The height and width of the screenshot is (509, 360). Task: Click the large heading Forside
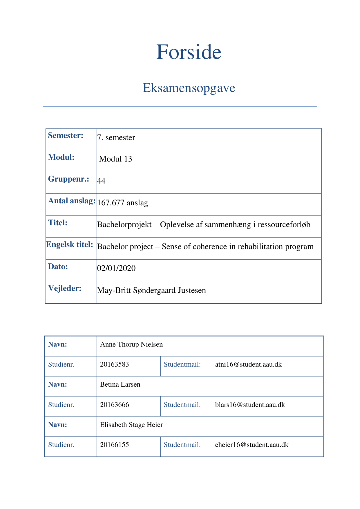(189, 52)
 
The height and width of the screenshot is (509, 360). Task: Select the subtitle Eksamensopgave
(189, 88)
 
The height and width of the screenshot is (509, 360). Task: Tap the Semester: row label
(66, 135)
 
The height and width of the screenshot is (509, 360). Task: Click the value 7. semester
(116, 137)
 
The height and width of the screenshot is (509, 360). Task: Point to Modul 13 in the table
(115, 159)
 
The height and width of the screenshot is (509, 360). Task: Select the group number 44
(101, 181)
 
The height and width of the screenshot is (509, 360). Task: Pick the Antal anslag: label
(72, 201)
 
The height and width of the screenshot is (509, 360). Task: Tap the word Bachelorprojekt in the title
(124, 224)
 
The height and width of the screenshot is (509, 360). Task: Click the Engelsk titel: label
(70, 244)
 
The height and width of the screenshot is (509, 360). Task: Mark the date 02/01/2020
(116, 268)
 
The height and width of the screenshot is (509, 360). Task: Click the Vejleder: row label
(65, 288)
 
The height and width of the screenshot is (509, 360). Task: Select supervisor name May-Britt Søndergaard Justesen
(151, 290)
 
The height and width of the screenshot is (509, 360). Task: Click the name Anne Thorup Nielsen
(131, 344)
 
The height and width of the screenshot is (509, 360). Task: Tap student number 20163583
(114, 364)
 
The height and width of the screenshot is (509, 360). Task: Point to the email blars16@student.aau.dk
(250, 405)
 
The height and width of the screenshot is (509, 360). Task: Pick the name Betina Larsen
(120, 384)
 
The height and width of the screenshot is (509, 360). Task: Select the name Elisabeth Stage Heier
(131, 425)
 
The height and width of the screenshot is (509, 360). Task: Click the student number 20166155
(114, 445)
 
